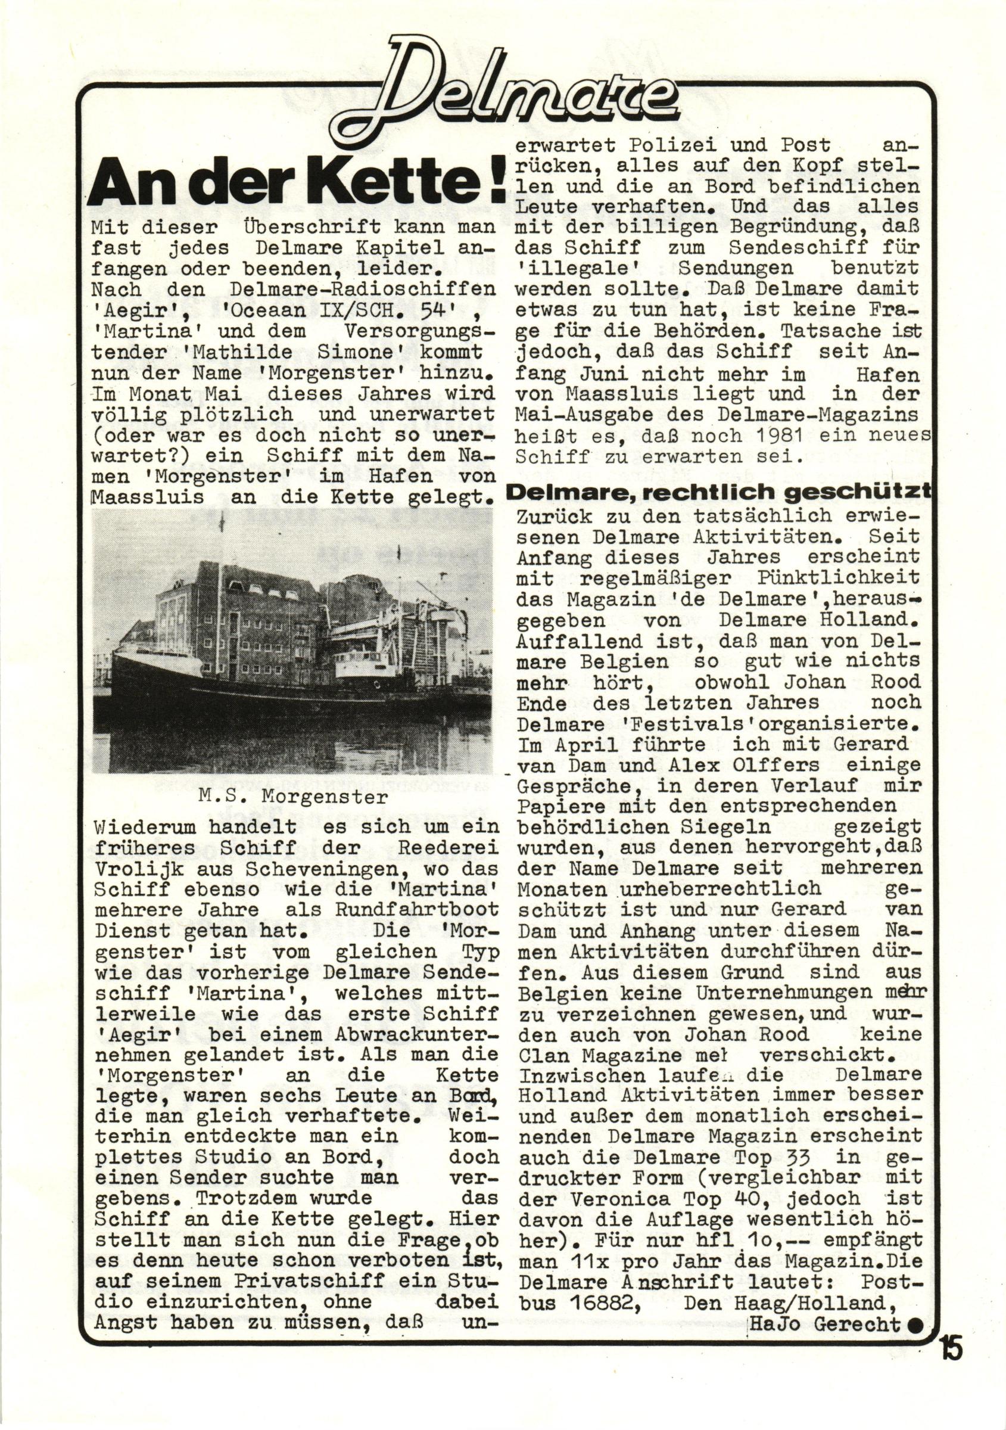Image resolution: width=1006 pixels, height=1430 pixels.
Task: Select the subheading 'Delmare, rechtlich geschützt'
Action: pos(719,493)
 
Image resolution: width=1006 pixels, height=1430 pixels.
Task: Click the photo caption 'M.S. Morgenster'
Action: pos(292,797)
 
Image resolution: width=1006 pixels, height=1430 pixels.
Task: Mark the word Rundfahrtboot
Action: pos(417,910)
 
